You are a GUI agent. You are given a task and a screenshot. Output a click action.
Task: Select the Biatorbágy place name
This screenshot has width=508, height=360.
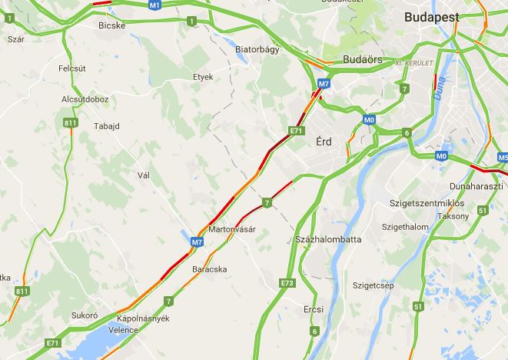point(257,48)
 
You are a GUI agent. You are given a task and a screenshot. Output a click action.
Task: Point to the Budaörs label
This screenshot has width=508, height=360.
point(363,58)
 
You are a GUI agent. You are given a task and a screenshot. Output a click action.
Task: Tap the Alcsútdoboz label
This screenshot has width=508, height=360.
point(85,99)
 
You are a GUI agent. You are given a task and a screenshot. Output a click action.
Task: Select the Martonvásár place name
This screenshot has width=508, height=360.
point(231,230)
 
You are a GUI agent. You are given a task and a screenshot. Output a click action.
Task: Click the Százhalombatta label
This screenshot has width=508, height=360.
point(328,240)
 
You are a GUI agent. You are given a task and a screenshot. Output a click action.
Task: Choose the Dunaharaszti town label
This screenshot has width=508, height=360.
point(477,186)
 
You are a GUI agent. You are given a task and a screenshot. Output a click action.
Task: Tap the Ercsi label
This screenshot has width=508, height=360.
point(314,309)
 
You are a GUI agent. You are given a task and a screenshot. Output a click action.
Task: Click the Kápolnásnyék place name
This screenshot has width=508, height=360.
point(142,318)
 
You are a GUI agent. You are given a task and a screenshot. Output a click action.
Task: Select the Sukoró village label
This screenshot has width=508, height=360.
point(84,315)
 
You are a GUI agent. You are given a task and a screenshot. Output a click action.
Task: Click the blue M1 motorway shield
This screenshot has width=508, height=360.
point(154,5)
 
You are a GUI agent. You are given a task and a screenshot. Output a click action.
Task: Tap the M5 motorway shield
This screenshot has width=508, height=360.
point(503,158)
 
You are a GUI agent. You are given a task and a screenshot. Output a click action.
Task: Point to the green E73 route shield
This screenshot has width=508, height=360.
point(287,283)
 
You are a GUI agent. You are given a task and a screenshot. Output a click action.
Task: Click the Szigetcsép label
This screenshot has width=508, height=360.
point(373,285)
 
